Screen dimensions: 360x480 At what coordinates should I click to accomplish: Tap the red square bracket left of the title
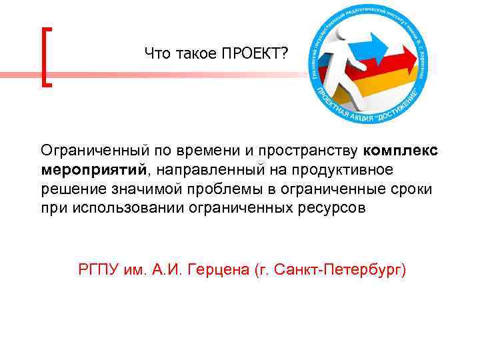click(x=47, y=57)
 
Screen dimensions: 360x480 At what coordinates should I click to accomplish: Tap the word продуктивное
click(x=349, y=169)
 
